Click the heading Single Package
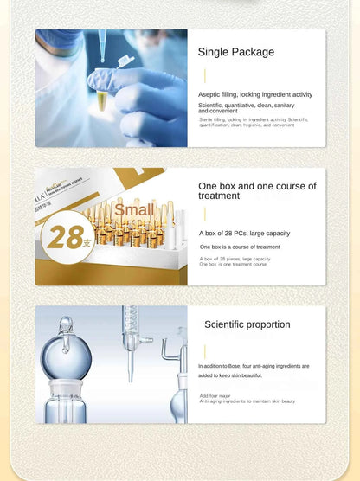coord(235,52)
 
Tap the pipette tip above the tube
coord(103,42)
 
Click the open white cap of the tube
coord(125,62)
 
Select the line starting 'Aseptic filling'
coord(254,94)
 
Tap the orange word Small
coord(133,209)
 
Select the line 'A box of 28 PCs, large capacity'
coord(243,234)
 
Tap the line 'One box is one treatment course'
coord(233,264)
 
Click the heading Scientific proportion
coord(247,324)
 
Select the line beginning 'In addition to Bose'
coord(253,366)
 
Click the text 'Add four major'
coord(215,394)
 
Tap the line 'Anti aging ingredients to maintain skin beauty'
coord(247,401)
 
